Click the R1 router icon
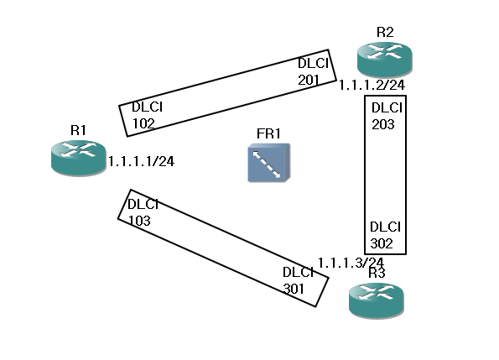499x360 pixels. [78, 158]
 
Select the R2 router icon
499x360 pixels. [385, 60]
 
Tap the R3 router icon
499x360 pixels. [377, 300]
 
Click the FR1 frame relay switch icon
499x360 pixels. [269, 163]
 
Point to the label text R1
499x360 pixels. [78, 130]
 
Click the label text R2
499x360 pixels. [385, 32]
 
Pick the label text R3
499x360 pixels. [377, 273]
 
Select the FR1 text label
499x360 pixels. [268, 133]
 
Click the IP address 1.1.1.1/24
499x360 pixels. [141, 161]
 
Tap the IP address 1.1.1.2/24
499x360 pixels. [372, 85]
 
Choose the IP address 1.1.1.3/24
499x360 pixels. [351, 263]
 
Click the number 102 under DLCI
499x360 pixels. [143, 123]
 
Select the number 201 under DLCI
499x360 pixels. [309, 80]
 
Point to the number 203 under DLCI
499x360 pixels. [383, 124]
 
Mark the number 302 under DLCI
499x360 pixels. [382, 243]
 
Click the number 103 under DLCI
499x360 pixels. [139, 221]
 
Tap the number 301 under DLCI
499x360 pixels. [294, 289]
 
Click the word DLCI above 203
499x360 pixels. [387, 108]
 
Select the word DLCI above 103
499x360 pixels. [143, 205]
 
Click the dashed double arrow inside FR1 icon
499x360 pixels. [267, 164]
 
